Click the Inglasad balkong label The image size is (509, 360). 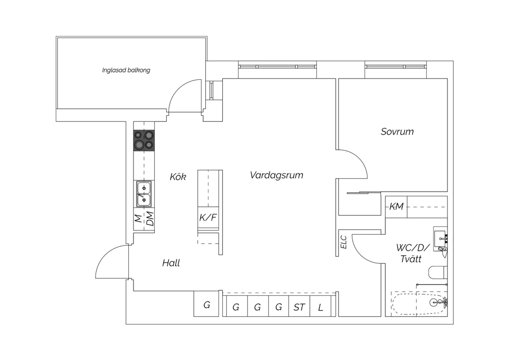click(x=126, y=70)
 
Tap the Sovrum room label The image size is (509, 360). click(x=397, y=132)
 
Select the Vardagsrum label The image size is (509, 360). click(x=276, y=175)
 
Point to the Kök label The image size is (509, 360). click(x=178, y=177)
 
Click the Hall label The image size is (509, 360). click(x=171, y=263)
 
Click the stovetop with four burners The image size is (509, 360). click(x=144, y=141)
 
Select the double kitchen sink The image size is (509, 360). click(x=144, y=194)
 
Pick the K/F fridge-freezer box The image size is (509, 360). click(x=208, y=218)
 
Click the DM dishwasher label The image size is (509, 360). click(x=150, y=219)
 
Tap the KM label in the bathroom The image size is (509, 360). click(x=396, y=206)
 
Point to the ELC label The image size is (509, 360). click(x=344, y=242)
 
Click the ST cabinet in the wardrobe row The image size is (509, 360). click(x=299, y=307)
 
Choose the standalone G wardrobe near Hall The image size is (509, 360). click(x=206, y=305)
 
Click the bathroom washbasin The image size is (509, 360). click(x=440, y=236)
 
